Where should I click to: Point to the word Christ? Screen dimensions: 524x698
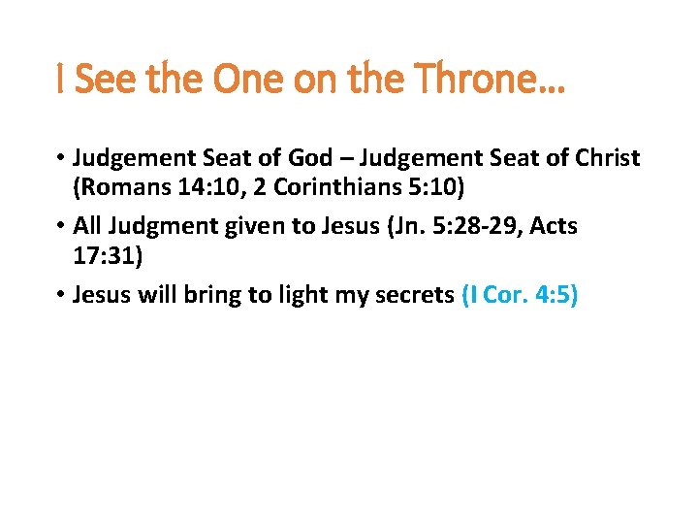point(602,158)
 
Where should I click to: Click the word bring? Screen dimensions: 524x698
point(203,294)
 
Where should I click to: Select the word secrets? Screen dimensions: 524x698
point(414,294)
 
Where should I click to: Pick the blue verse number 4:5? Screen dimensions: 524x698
point(552,294)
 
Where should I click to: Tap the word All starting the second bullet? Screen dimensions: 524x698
point(87,226)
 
